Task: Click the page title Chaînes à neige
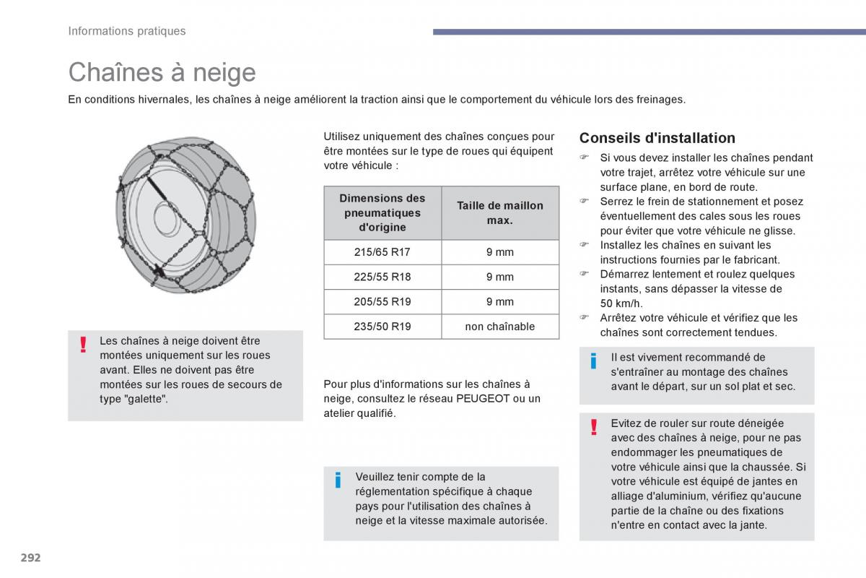tap(162, 72)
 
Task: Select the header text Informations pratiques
tap(127, 31)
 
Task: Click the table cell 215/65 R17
tap(382, 252)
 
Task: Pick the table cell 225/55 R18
tap(382, 277)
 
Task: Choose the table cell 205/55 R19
tap(382, 301)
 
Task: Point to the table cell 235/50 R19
tap(382, 327)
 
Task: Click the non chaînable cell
tap(500, 327)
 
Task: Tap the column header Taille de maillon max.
tap(500, 212)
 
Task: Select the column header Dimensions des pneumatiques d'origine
tap(382, 212)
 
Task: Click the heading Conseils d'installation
tap(657, 138)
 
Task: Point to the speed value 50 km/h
tap(621, 303)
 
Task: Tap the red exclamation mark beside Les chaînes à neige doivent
tap(84, 345)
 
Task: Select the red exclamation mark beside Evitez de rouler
tap(594, 427)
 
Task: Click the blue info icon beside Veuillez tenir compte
tap(338, 480)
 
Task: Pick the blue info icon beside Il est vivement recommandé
tap(594, 361)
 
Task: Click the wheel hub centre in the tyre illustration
tap(167, 215)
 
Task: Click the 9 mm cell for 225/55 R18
tap(500, 277)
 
